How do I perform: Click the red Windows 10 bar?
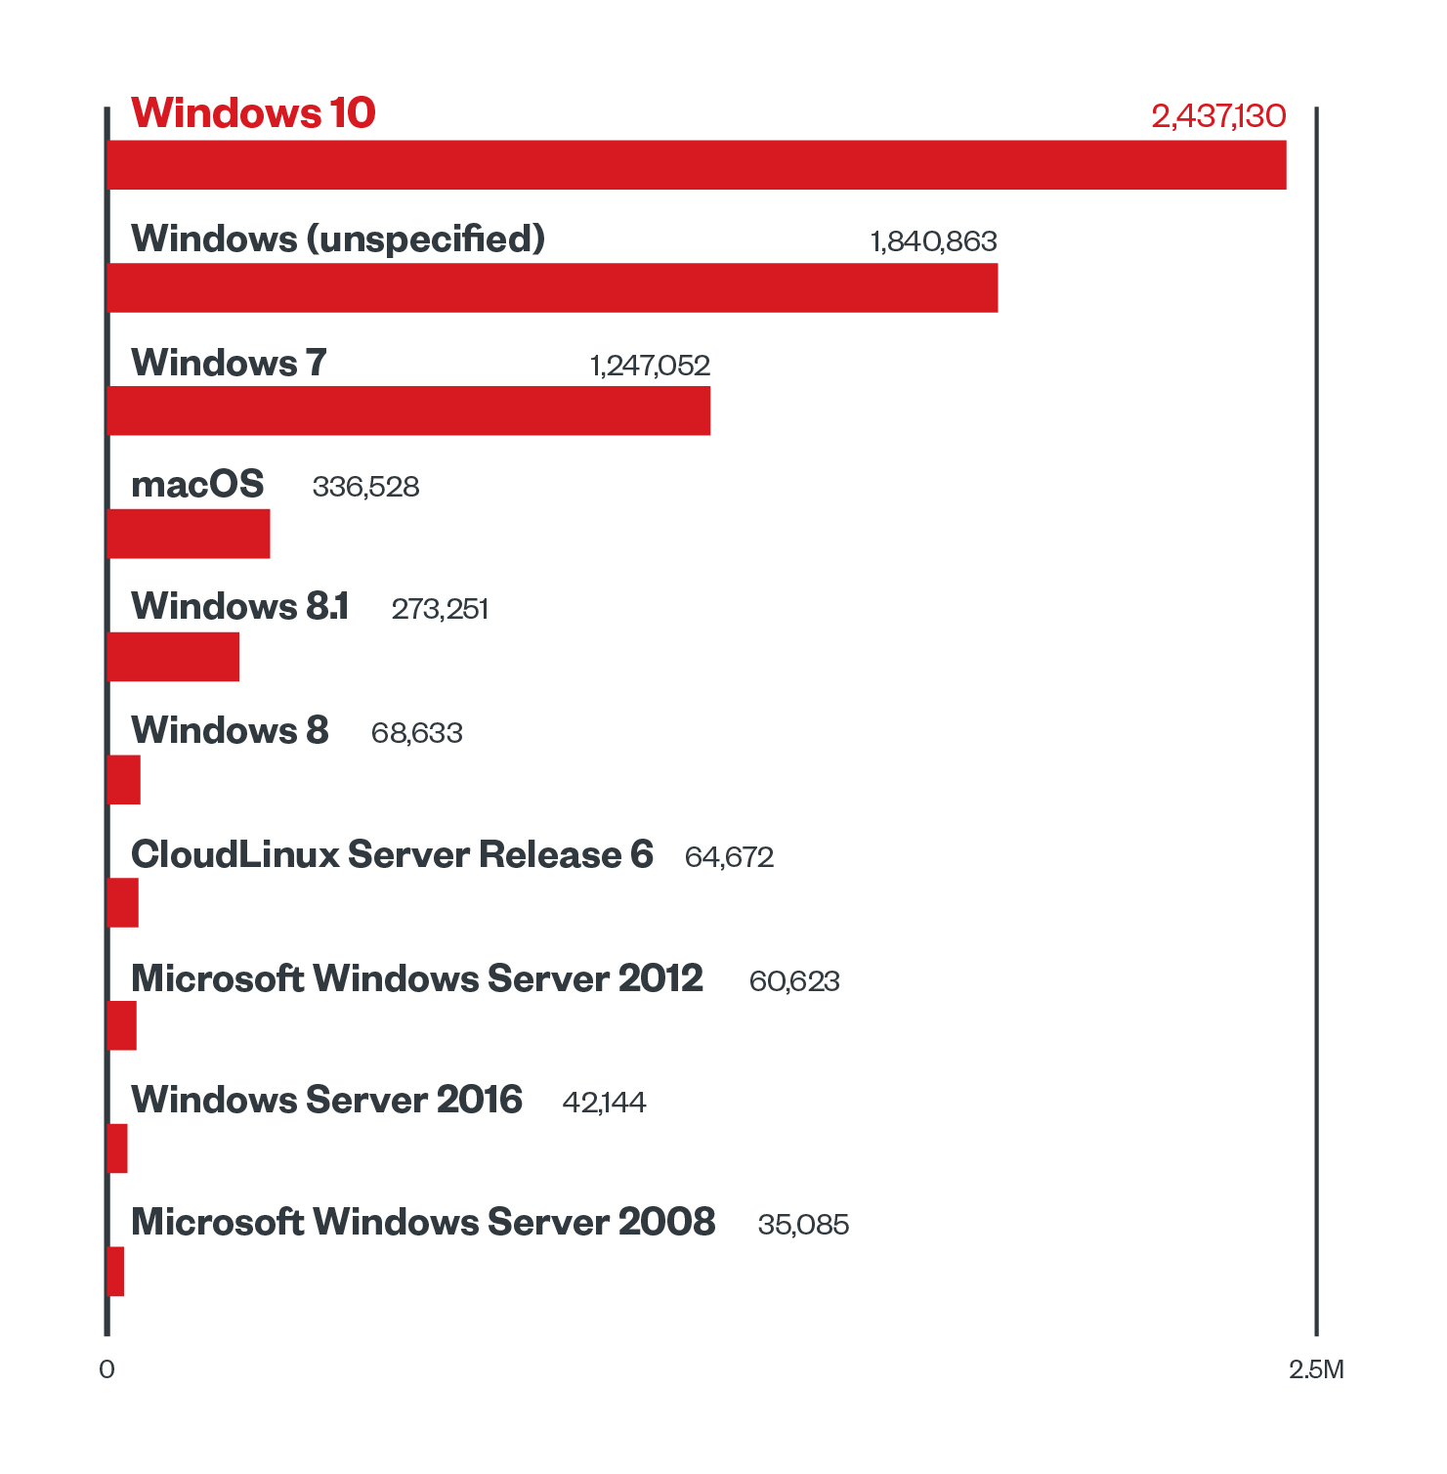(x=696, y=165)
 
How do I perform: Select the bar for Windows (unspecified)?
(x=552, y=288)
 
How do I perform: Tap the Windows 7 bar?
(x=408, y=411)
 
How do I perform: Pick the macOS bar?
(x=188, y=534)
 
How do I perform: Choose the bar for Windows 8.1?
(x=173, y=657)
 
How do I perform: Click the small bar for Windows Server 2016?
(x=117, y=1149)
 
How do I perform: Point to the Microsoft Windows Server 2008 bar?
(x=115, y=1272)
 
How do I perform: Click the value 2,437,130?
(x=1218, y=116)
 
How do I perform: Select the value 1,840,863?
(x=933, y=241)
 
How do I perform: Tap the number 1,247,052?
(x=650, y=366)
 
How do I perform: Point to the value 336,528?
(x=365, y=487)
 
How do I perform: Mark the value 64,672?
(x=729, y=857)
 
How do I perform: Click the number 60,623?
(x=794, y=981)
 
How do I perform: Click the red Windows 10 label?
(x=253, y=113)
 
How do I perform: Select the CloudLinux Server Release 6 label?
(x=392, y=854)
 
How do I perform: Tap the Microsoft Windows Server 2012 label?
(x=417, y=978)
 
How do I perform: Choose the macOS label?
(x=197, y=484)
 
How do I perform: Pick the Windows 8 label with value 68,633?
(x=230, y=730)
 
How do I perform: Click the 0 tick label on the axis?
(x=106, y=1369)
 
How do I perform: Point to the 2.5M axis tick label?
(x=1316, y=1369)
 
